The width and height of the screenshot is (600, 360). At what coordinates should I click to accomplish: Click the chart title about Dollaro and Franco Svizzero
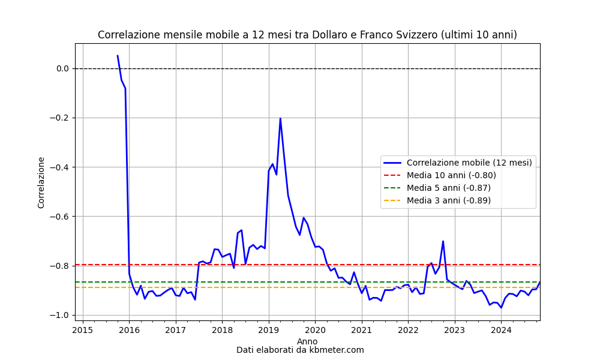click(307, 35)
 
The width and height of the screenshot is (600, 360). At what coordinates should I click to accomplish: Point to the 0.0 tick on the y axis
click(62, 68)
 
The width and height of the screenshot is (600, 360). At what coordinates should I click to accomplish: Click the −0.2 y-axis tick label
click(59, 118)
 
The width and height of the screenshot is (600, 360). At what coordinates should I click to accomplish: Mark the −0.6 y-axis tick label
click(59, 217)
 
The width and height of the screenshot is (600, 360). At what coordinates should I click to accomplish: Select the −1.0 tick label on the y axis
click(59, 315)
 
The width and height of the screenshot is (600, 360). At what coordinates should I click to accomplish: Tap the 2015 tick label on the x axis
click(83, 330)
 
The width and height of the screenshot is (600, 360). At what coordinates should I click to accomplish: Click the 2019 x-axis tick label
click(269, 330)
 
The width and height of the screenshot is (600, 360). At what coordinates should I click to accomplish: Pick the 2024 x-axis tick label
click(501, 330)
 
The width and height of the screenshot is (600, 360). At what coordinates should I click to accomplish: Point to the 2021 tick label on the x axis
click(362, 330)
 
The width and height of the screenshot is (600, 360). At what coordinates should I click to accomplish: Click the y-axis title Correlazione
click(41, 182)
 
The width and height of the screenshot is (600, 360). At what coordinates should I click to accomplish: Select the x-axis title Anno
click(307, 341)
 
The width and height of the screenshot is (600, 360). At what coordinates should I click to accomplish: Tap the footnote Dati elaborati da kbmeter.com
click(300, 350)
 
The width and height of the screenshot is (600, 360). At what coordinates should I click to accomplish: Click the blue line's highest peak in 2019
click(280, 118)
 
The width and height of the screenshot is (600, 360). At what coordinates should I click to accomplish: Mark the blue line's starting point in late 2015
click(118, 55)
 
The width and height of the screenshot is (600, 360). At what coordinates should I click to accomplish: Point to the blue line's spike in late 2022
click(443, 241)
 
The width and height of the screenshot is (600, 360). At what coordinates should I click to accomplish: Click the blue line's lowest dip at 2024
click(501, 308)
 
